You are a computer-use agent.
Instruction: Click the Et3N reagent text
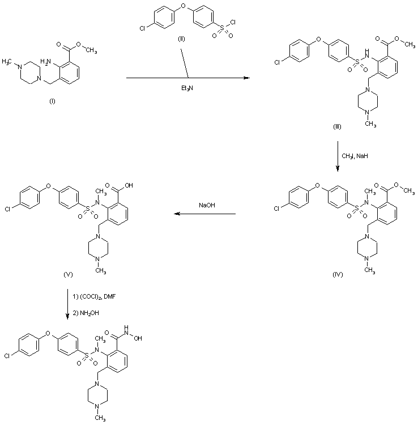pos(187,88)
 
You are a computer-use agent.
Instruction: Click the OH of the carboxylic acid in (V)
pos(129,184)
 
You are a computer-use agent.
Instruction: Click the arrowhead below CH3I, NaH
pos(338,168)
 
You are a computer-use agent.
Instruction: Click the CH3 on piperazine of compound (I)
pos(8,59)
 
